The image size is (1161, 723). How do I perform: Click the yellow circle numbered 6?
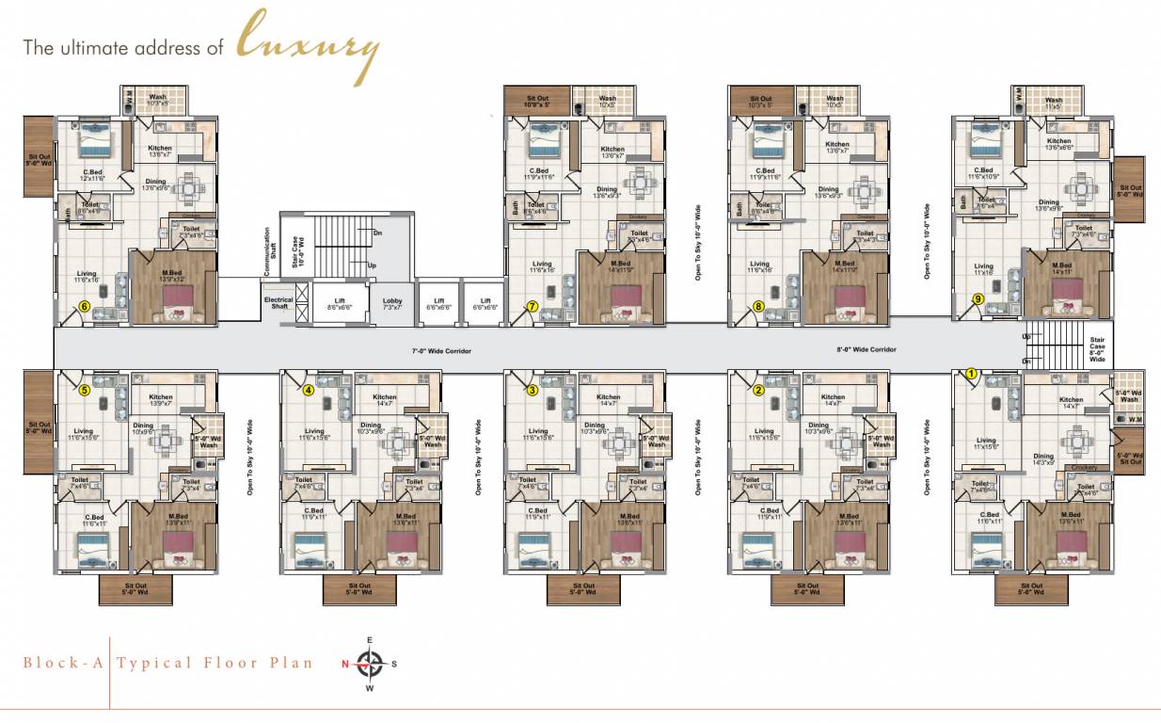tap(84, 306)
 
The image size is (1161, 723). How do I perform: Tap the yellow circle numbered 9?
tap(978, 299)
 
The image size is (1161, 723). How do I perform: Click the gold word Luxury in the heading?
tap(308, 44)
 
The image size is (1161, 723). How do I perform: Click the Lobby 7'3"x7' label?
tap(392, 304)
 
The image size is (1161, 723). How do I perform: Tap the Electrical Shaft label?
tap(278, 303)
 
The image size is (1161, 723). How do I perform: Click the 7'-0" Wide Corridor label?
tap(440, 350)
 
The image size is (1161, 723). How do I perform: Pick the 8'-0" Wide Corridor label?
tap(867, 349)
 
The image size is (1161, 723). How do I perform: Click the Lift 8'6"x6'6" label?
tap(340, 304)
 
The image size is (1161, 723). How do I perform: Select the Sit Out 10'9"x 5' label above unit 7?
tap(538, 101)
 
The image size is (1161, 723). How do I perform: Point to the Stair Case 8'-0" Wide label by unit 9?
tap(1097, 349)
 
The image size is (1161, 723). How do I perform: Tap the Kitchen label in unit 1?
tap(1071, 402)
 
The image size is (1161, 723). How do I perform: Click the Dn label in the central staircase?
tap(376, 233)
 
